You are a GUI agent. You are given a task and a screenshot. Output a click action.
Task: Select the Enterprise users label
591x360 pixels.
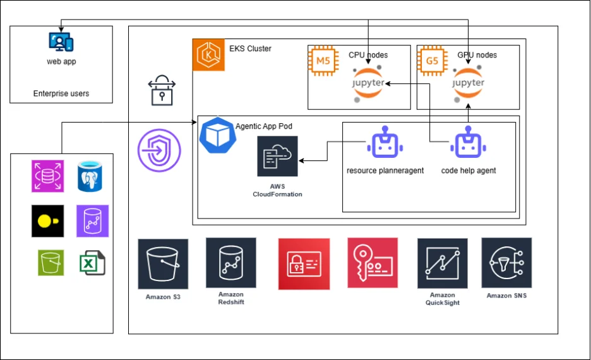coord(61,93)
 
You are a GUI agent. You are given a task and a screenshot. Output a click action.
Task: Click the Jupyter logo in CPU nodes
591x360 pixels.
coord(366,83)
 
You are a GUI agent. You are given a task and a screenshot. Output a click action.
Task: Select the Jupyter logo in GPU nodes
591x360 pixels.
coord(469,83)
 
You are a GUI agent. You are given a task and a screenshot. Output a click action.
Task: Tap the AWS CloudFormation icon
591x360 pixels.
coord(277,156)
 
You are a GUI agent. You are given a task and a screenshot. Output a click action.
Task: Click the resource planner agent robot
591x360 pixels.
coord(385,145)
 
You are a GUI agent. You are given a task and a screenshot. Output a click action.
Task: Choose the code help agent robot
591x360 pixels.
coord(468,145)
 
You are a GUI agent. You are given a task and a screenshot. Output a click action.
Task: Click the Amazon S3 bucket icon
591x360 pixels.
coord(163,264)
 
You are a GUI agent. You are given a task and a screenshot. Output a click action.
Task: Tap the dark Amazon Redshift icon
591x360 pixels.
coord(231,263)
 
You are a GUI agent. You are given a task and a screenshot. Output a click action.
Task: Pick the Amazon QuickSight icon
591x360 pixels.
coord(442,263)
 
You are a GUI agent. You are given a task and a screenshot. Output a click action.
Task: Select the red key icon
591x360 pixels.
coord(373,263)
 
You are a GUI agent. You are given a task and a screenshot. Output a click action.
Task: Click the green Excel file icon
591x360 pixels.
coord(92,263)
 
